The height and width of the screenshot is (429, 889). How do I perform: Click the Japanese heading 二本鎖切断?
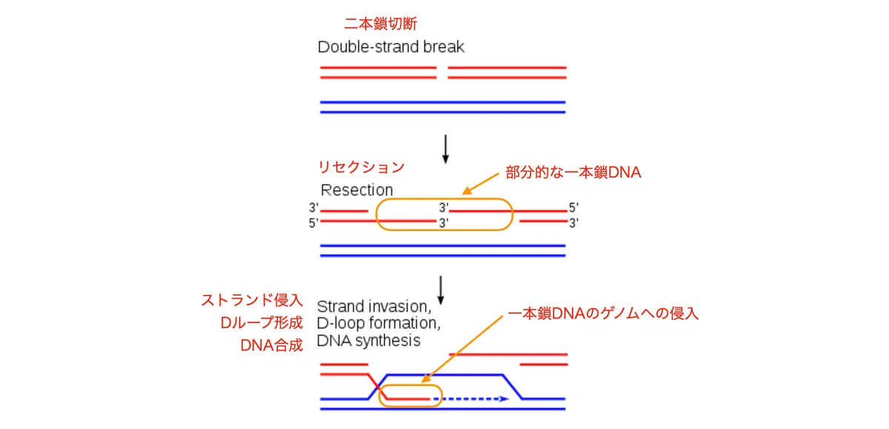pyautogui.click(x=381, y=24)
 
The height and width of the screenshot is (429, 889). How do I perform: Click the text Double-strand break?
pyautogui.click(x=391, y=47)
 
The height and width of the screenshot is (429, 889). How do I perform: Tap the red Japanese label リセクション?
pyautogui.click(x=362, y=167)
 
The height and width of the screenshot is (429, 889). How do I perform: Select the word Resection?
pyautogui.click(x=357, y=190)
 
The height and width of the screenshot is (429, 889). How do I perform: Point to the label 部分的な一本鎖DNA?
pyautogui.click(x=573, y=173)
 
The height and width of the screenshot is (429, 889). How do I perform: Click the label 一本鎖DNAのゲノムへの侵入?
pyautogui.click(x=603, y=313)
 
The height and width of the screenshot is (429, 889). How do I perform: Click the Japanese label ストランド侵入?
pyautogui.click(x=252, y=300)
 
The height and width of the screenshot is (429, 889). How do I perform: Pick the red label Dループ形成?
pyautogui.click(x=262, y=322)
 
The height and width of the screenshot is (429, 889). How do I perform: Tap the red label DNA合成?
pyautogui.click(x=271, y=345)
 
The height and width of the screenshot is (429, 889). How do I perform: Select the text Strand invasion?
pyautogui.click(x=374, y=306)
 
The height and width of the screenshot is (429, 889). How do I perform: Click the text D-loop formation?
pyautogui.click(x=379, y=324)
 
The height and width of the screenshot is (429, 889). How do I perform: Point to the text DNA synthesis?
pyautogui.click(x=369, y=341)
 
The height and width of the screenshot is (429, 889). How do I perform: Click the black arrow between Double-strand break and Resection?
pyautogui.click(x=446, y=149)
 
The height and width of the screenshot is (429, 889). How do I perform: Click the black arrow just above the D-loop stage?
pyautogui.click(x=441, y=290)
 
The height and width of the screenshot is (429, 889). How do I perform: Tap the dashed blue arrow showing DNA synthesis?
pyautogui.click(x=471, y=399)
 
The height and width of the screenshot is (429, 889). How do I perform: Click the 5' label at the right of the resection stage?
pyautogui.click(x=574, y=207)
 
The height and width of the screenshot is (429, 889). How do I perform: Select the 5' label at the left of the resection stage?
pyautogui.click(x=313, y=224)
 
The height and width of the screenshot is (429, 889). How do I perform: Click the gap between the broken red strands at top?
pyautogui.click(x=442, y=73)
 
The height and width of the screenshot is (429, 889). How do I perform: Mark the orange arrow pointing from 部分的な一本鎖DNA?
pyautogui.click(x=481, y=184)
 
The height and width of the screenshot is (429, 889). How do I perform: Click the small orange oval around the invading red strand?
pyautogui.click(x=410, y=385)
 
